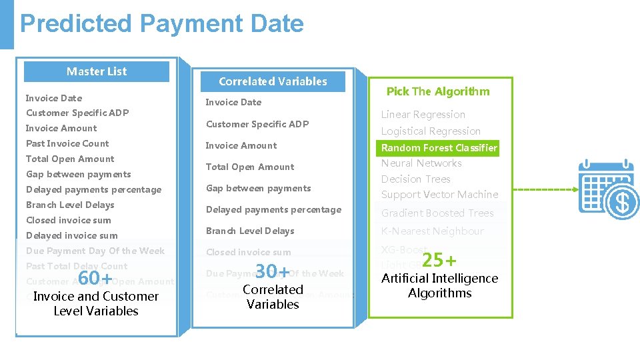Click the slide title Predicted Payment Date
[162, 24]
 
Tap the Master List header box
[97, 71]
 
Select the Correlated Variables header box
[273, 81]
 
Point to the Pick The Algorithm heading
[438, 91]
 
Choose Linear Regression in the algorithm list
[423, 115]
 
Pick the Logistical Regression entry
[431, 131]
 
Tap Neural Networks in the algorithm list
[421, 163]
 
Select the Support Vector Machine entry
[439, 195]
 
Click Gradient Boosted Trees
[437, 213]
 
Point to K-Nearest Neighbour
[432, 231]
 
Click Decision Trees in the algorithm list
[416, 179]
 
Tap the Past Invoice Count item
[67, 143]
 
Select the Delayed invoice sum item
[71, 235]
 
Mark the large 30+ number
[273, 271]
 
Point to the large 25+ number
[439, 259]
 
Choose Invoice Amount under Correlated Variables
[241, 145]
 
